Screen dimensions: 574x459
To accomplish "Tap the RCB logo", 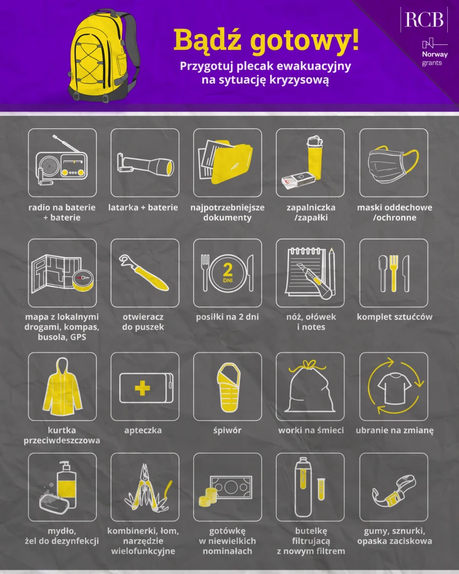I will coord(424,20).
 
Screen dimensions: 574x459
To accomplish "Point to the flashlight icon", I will coord(145,164).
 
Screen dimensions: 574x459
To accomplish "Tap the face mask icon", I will coord(393,163).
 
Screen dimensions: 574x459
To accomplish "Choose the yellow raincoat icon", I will coord(62,386).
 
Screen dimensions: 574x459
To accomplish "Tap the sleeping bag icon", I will coord(226,386).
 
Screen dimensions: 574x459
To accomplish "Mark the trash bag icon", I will coord(310,388).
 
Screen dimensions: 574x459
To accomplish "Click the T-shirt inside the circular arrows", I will coord(393,386).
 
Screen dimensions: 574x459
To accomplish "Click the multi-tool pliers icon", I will coord(145,488).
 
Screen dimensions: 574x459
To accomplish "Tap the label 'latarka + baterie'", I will coord(144,207).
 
